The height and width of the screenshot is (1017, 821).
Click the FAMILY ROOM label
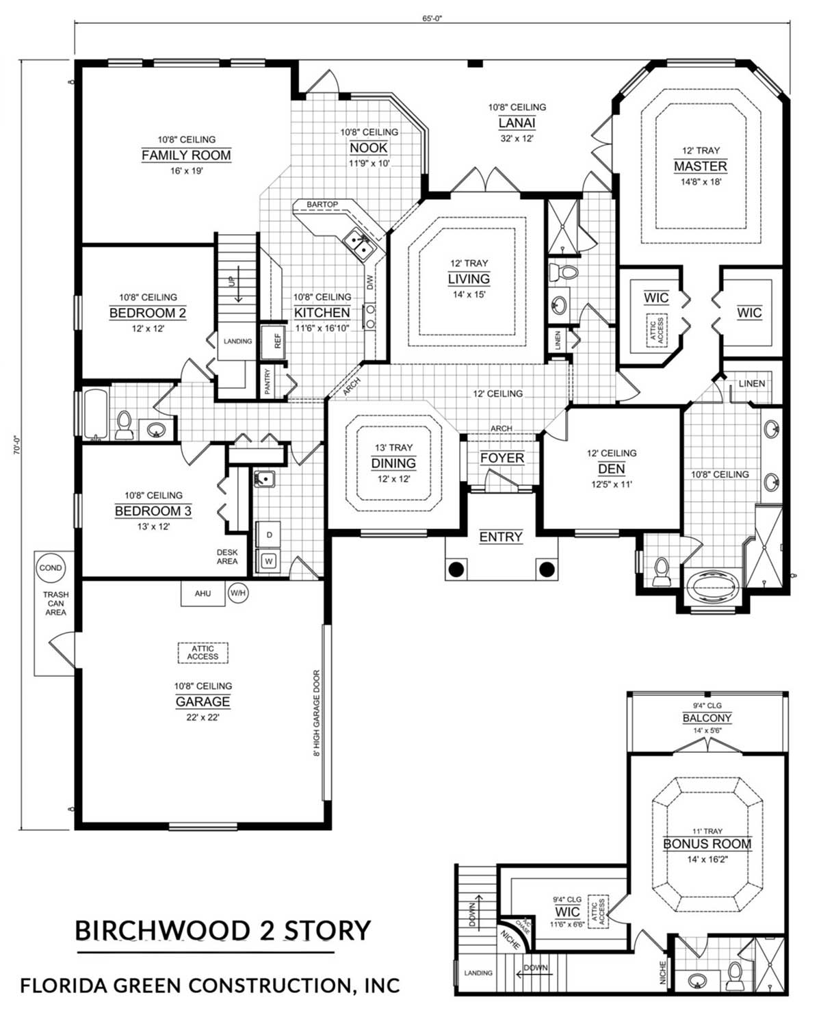click(186, 155)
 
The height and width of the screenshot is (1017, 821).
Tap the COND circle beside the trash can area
click(51, 568)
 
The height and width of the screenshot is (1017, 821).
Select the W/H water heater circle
click(237, 593)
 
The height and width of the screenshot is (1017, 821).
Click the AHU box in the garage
click(203, 593)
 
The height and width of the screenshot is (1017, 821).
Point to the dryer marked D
click(269, 535)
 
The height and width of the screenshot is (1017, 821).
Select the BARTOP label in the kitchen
click(322, 205)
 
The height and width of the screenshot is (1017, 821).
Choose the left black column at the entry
click(456, 569)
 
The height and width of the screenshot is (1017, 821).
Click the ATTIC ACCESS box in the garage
click(203, 653)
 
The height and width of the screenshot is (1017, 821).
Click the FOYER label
click(502, 458)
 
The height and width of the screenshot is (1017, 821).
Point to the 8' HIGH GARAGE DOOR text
click(317, 713)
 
